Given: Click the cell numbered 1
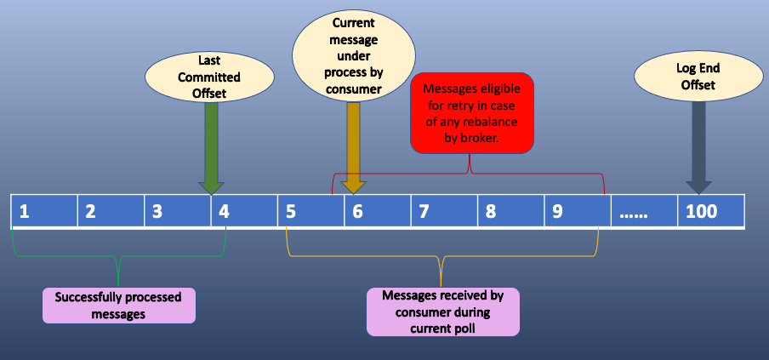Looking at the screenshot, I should pyautogui.click(x=44, y=211).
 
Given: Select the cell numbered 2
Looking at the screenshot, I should pyautogui.click(x=111, y=211).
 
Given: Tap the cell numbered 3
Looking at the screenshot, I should pyautogui.click(x=178, y=211).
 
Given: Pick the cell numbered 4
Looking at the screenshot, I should pyautogui.click(x=244, y=211).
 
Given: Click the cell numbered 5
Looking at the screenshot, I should pyautogui.click(x=310, y=211).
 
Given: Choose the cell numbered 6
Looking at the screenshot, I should pyautogui.click(x=377, y=211).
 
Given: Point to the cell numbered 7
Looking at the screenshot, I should pyautogui.click(x=443, y=211).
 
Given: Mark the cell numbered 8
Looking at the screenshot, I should pyautogui.click(x=510, y=211).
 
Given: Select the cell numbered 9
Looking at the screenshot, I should pyautogui.click(x=577, y=211).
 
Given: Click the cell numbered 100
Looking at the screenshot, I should pyautogui.click(x=711, y=211).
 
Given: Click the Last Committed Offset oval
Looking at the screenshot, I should pyautogui.click(x=209, y=77).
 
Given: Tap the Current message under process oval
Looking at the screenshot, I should pyautogui.click(x=352, y=55).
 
